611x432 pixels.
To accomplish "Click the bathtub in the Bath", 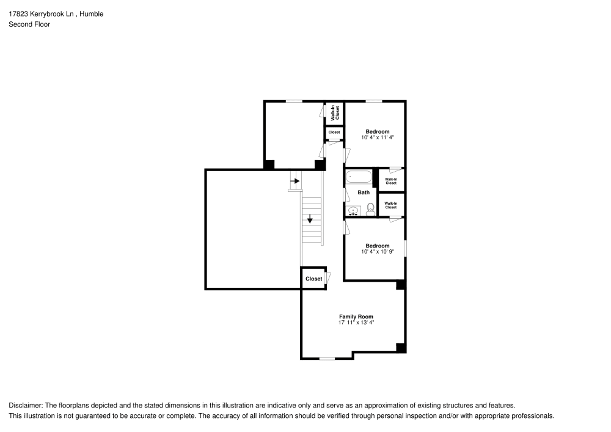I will (x=359, y=178).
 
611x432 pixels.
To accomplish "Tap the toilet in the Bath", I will (x=371, y=210).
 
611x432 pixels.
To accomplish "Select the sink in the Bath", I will (x=353, y=211).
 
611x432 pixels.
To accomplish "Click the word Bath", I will (x=364, y=192).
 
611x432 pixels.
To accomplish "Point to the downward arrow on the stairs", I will (x=310, y=218).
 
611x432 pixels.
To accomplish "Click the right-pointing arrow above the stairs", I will (x=295, y=181).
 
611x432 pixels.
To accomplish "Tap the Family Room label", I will (x=356, y=317).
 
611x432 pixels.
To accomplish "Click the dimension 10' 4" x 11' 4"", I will (x=377, y=137).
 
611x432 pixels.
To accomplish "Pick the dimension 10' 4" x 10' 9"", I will (x=377, y=251).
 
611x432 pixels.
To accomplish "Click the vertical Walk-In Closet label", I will (x=335, y=112).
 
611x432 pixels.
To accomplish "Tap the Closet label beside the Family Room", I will (x=313, y=279).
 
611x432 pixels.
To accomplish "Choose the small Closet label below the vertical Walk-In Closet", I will (x=334, y=132).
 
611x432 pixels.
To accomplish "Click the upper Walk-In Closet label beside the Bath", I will (x=391, y=181).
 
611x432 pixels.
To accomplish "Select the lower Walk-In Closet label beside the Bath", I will (x=391, y=205).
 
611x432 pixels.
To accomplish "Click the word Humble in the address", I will (x=92, y=13).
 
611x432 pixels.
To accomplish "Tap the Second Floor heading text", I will (x=29, y=24).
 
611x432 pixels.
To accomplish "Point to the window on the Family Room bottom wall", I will (x=327, y=359).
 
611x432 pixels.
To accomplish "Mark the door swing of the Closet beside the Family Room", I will (x=329, y=278).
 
